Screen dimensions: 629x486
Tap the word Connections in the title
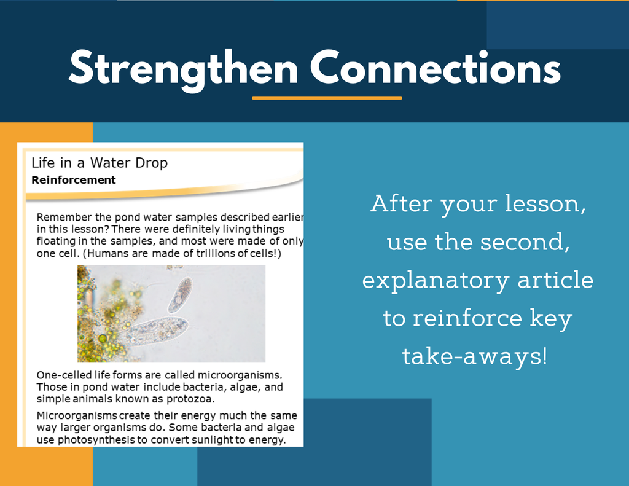pos(436,68)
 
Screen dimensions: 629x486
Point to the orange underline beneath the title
pos(327,98)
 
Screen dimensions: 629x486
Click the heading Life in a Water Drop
pos(100,163)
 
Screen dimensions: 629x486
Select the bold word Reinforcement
pos(74,180)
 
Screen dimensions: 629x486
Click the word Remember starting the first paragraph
pos(64,217)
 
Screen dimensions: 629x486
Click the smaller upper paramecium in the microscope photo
pos(180,295)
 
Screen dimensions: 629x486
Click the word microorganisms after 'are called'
pos(240,375)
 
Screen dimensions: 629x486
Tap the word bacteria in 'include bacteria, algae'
pos(203,387)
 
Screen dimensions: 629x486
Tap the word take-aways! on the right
pos(475,356)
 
